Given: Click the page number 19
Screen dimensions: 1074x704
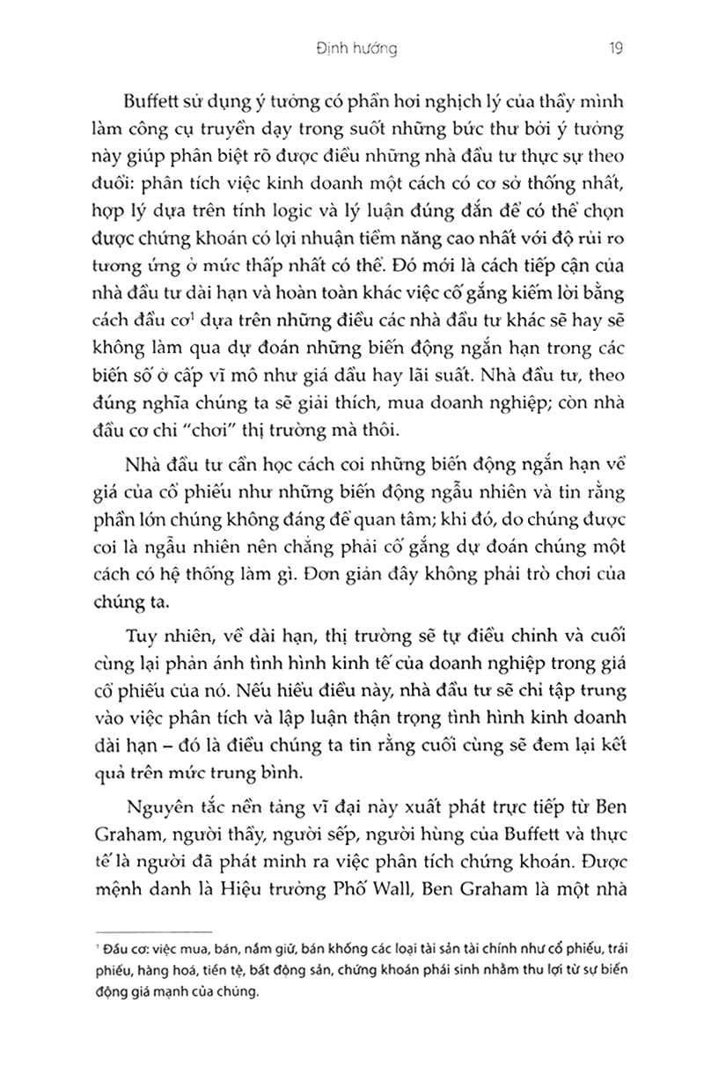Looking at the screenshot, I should [x=615, y=49].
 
